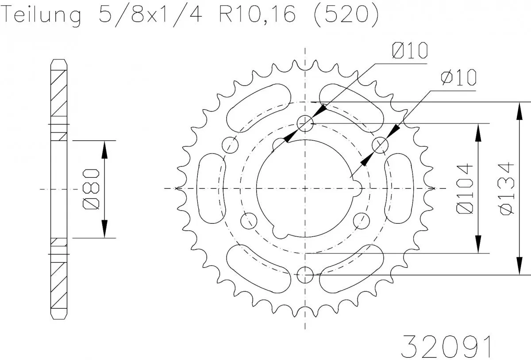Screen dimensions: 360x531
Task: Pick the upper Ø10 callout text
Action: pyautogui.click(x=409, y=51)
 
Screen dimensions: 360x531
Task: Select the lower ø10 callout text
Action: pyautogui.click(x=458, y=78)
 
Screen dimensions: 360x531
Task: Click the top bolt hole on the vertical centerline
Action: pyautogui.click(x=305, y=123)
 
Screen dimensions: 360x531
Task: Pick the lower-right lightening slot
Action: pyautogui.click(x=352, y=269)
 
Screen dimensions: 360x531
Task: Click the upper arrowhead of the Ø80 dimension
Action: pyautogui.click(x=104, y=150)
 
